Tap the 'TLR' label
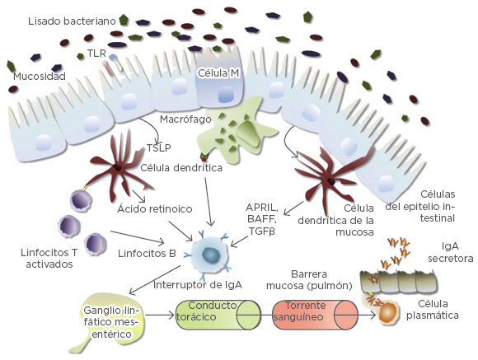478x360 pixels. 97,53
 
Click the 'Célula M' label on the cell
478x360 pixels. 218,73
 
